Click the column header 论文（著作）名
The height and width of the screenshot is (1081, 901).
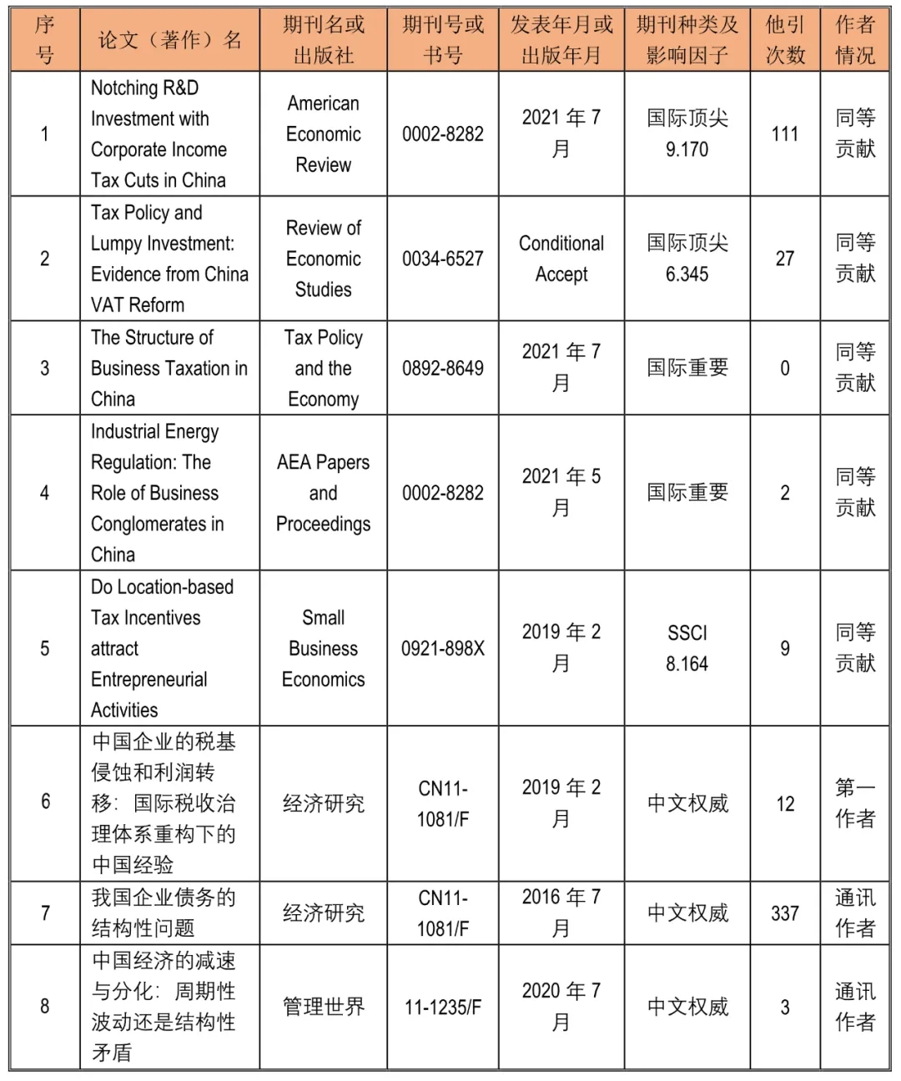coord(169,40)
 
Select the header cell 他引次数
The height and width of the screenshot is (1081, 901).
coord(784,40)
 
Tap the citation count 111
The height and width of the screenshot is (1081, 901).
coord(784,133)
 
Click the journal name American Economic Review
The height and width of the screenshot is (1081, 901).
coord(323,133)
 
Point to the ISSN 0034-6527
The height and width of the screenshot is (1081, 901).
coord(442,259)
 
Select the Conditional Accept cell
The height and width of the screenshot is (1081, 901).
coord(561,259)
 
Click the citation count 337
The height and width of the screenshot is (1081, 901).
coord(784,913)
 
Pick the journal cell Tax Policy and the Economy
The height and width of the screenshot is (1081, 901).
coord(323,368)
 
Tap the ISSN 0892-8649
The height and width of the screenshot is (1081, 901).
coord(442,368)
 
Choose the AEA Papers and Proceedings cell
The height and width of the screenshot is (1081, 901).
coord(323,493)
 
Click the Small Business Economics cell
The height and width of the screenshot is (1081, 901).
coord(323,648)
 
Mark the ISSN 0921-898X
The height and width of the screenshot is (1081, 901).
coord(442,648)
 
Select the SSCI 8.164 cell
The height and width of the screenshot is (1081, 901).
coord(687,648)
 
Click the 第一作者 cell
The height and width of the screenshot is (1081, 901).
coord(855,803)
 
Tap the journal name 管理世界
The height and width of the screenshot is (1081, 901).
coord(323,1007)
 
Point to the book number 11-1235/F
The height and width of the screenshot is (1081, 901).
coord(442,1007)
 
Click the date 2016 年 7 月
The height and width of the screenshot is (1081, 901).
coord(561,913)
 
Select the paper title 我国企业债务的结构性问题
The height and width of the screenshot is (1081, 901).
coord(164,913)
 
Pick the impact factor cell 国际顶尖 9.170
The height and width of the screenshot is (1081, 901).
coord(687,133)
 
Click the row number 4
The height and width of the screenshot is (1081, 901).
coord(45,493)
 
